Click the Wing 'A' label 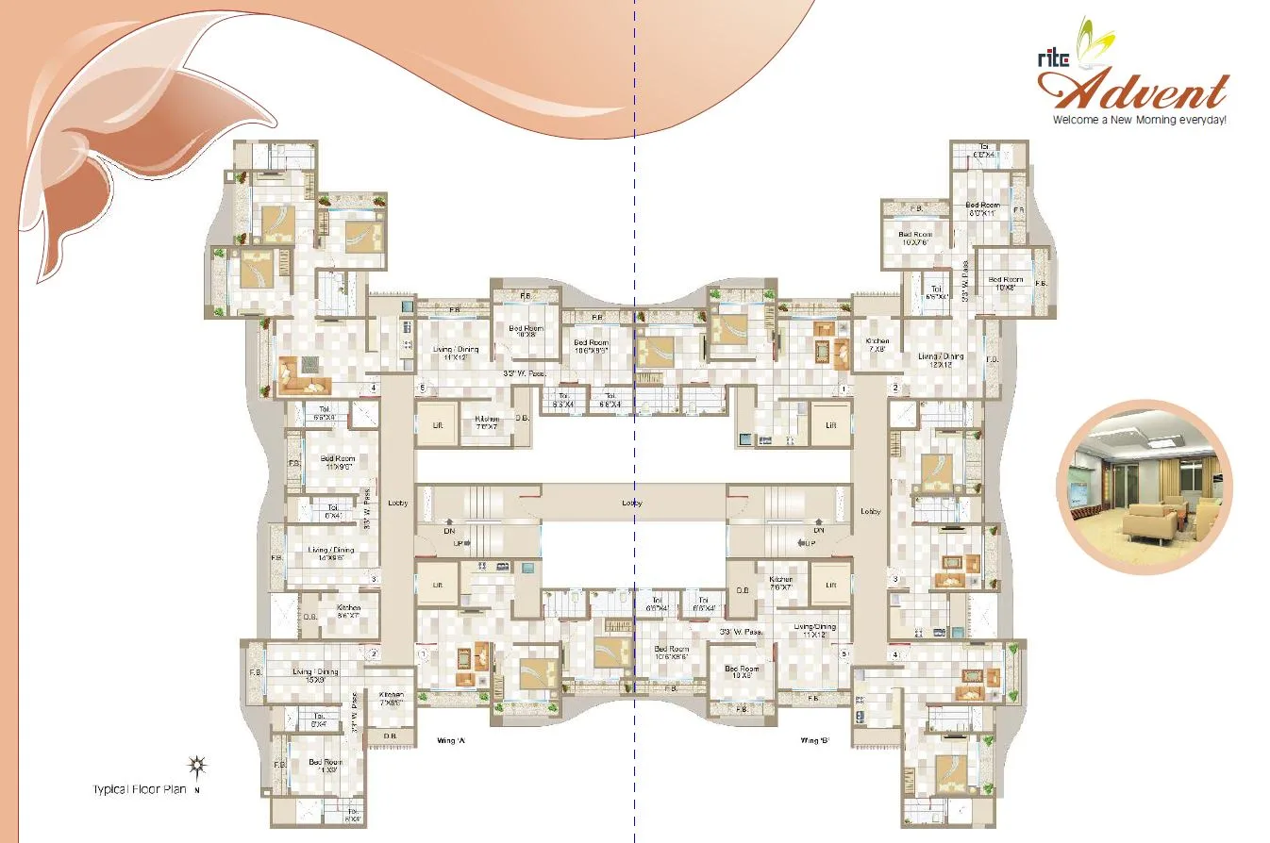[447, 740]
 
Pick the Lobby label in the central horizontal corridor [632, 504]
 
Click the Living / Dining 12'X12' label [941, 359]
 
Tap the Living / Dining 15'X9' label [315, 675]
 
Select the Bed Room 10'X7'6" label [915, 238]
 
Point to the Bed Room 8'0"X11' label [982, 209]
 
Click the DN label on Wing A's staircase [450, 531]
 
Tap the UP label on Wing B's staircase [810, 543]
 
